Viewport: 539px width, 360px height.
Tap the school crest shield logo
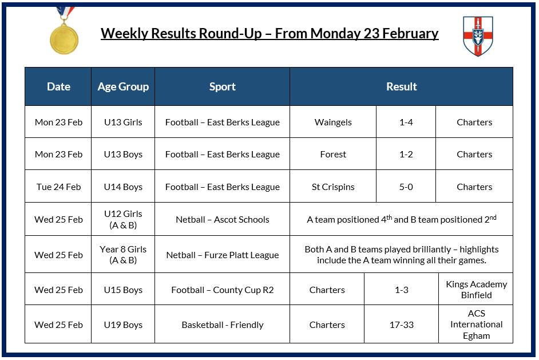(x=477, y=36)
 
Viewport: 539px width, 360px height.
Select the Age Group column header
(x=123, y=87)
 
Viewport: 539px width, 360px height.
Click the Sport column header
(x=222, y=87)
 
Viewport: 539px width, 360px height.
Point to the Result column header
(x=401, y=87)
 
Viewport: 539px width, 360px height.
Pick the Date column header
(x=58, y=87)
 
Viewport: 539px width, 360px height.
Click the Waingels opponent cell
(x=333, y=122)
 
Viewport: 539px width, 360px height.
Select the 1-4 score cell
(x=406, y=122)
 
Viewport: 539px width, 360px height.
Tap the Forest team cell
(x=333, y=155)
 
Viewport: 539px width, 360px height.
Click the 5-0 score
(x=406, y=187)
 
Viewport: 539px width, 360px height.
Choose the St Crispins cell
(x=333, y=187)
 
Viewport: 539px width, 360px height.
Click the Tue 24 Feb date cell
(x=58, y=187)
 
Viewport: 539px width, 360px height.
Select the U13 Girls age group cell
(x=123, y=122)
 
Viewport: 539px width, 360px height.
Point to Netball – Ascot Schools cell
(x=222, y=220)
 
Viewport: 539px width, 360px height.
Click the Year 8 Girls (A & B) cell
(x=123, y=255)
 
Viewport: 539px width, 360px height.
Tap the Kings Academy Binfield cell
(x=476, y=290)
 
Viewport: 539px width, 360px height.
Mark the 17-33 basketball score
(x=402, y=325)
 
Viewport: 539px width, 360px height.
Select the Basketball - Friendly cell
(x=222, y=325)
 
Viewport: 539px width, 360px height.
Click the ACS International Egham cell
(x=476, y=325)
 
